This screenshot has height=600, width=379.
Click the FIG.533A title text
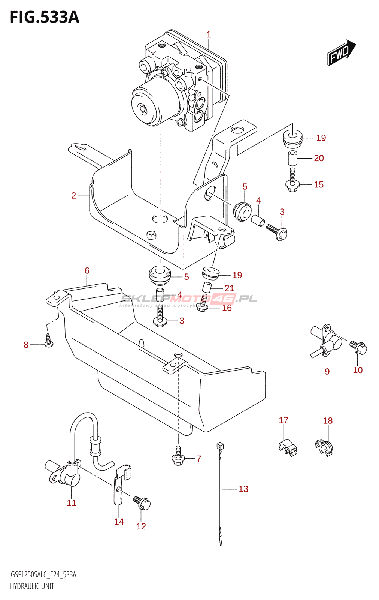(x=44, y=17)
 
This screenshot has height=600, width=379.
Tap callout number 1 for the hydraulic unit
(x=209, y=35)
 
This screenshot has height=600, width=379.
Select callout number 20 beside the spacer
(x=319, y=158)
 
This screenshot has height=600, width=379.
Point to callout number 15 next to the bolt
(x=319, y=184)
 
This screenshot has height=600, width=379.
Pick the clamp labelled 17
(x=287, y=446)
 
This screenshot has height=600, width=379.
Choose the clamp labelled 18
(x=324, y=447)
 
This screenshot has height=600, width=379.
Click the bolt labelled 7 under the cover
(x=178, y=456)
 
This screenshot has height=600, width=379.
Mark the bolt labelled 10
(x=359, y=347)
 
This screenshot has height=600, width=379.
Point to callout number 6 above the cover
(x=87, y=271)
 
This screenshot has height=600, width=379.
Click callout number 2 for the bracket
(x=74, y=195)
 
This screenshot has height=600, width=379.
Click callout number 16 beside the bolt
(x=227, y=308)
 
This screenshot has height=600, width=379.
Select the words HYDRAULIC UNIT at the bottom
(x=32, y=586)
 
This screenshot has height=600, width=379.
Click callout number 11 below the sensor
(x=72, y=503)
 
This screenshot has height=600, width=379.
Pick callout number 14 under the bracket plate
(x=119, y=522)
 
